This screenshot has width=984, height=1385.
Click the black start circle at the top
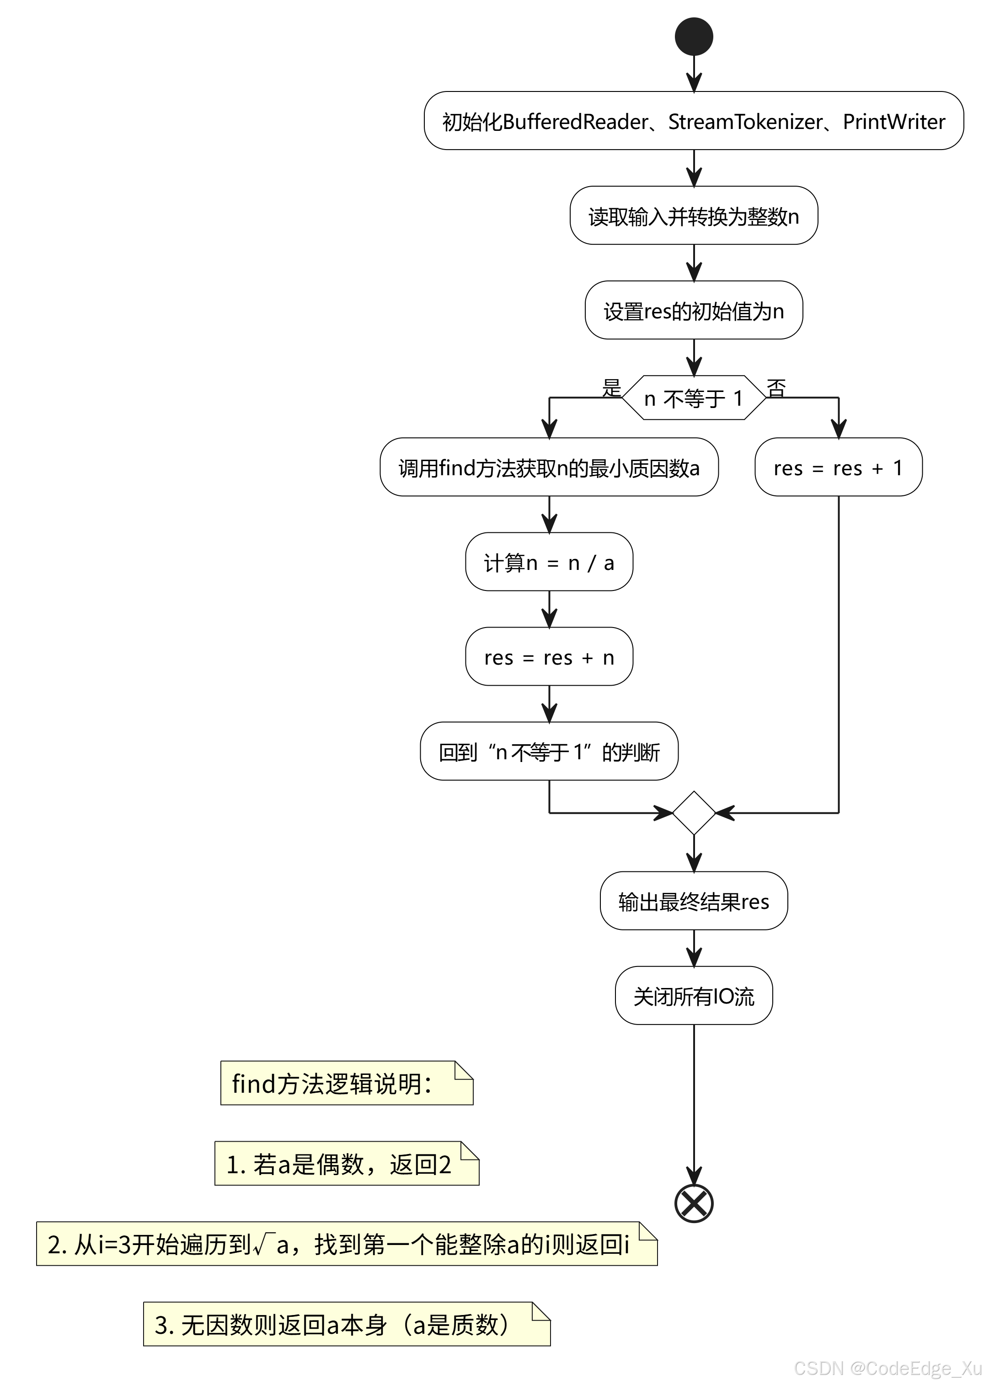pyautogui.click(x=694, y=37)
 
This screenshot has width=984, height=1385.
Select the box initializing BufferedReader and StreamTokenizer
pyautogui.click(x=694, y=121)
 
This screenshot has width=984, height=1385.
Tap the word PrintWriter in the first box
pyautogui.click(x=894, y=122)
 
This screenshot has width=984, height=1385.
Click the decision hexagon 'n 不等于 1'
pyautogui.click(x=694, y=397)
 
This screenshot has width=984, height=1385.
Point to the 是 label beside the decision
pyautogui.click(x=611, y=387)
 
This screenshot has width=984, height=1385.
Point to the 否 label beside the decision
pyautogui.click(x=776, y=388)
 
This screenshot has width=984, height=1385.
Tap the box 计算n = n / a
pyautogui.click(x=549, y=562)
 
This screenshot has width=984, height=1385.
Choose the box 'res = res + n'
pyautogui.click(x=549, y=656)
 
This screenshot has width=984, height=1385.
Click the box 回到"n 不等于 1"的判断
pyautogui.click(x=549, y=751)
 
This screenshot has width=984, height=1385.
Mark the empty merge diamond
pyautogui.click(x=694, y=813)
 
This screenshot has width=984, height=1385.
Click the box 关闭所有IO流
pyautogui.click(x=694, y=995)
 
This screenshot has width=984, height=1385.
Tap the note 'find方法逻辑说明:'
pyautogui.click(x=347, y=1083)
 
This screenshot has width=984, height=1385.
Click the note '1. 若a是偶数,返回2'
pyautogui.click(x=347, y=1164)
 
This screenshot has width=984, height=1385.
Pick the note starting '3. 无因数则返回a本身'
pyautogui.click(x=347, y=1324)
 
